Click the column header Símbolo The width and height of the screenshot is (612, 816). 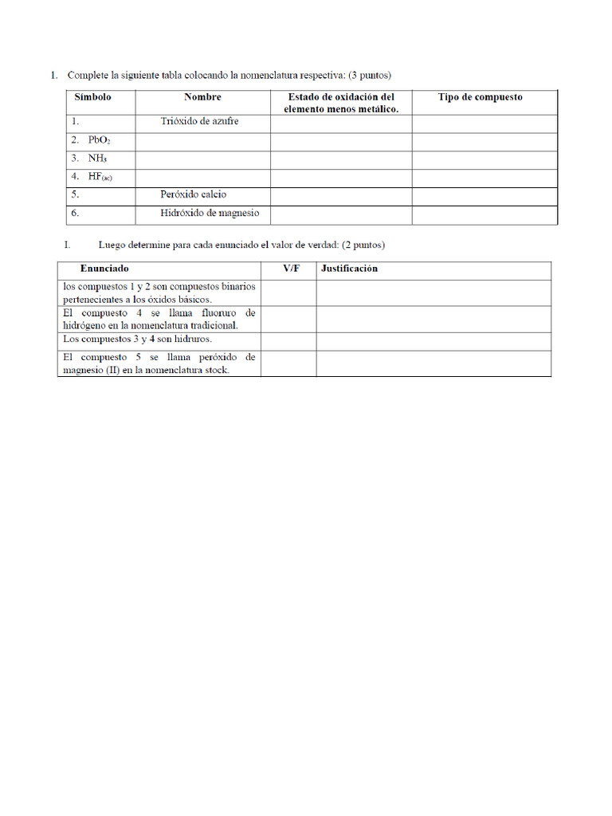[x=92, y=97]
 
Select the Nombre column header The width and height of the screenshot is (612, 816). [x=202, y=97]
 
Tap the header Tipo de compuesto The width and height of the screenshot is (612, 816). [x=481, y=97]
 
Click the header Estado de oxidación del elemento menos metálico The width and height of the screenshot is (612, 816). [x=341, y=103]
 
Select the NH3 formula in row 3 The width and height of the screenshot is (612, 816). [x=97, y=159]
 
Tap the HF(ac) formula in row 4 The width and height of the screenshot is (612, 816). [x=100, y=177]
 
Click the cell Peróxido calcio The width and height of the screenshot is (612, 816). [x=193, y=194]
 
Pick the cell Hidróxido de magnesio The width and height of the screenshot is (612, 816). [x=210, y=214]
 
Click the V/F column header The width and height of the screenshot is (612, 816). [x=292, y=269]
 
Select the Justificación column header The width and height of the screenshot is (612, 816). [x=349, y=269]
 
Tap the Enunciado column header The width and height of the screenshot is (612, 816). [x=104, y=269]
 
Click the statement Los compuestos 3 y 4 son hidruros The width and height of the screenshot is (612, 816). [x=136, y=339]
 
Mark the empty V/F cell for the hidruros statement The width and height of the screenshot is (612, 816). [x=288, y=341]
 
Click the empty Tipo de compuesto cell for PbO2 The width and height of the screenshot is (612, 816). [x=484, y=141]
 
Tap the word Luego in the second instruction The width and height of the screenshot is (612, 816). [x=112, y=245]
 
